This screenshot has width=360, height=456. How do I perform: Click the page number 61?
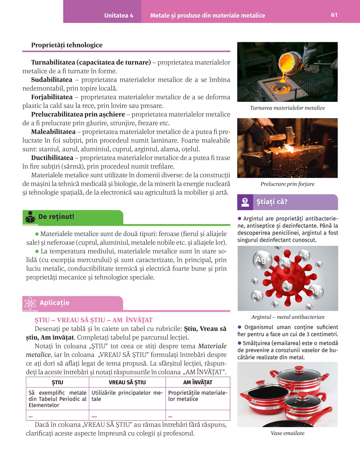tap(334, 15)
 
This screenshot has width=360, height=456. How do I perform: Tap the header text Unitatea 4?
tap(118, 15)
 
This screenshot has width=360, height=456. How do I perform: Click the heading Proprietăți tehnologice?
tap(67, 45)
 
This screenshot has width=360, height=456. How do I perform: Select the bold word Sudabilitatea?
tap(51, 79)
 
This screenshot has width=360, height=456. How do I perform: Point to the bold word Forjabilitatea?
tap(52, 97)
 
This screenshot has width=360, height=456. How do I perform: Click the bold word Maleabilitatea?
tap(53, 132)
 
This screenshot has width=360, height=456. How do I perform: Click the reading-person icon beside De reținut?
tap(30, 217)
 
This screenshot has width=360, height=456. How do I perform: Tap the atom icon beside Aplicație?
tap(30, 303)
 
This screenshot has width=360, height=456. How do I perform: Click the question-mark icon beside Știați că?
tap(245, 202)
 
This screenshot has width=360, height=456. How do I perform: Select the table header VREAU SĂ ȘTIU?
tap(127, 382)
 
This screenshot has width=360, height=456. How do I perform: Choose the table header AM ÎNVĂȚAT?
tap(198, 382)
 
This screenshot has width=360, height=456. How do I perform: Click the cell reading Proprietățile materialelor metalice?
tap(197, 396)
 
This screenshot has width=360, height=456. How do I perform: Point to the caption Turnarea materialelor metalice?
tap(287, 108)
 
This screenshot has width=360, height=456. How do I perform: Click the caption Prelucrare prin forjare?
tap(287, 184)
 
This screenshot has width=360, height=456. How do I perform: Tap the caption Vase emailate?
tap(287, 433)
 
